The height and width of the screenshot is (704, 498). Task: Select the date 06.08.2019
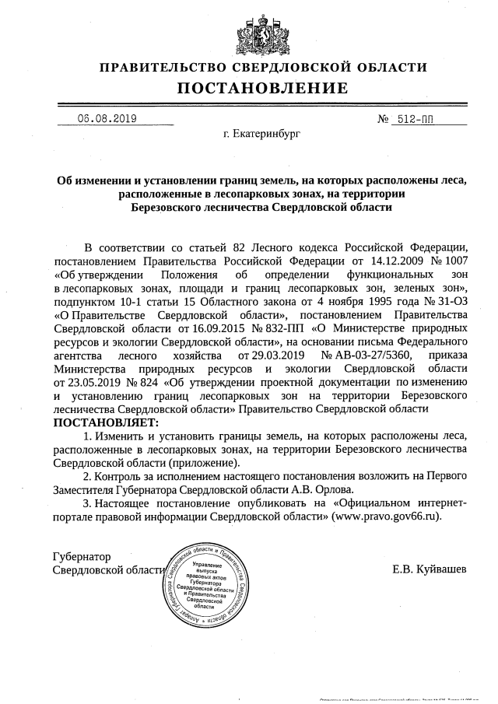pyautogui.click(x=107, y=119)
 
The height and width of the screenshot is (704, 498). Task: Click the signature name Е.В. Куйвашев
pyautogui.click(x=430, y=569)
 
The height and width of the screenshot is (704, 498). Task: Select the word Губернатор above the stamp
pyautogui.click(x=82, y=557)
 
